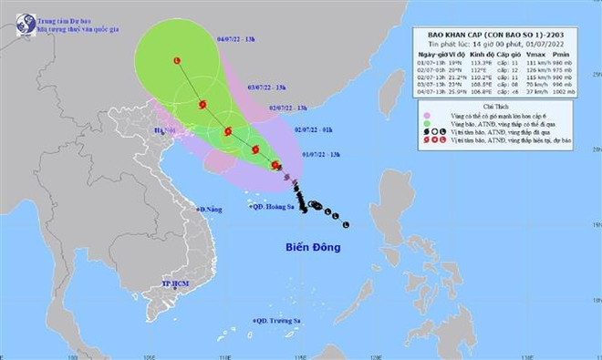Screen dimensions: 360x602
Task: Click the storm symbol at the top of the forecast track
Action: [x=176, y=61]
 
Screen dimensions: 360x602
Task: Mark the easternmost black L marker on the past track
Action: [x=347, y=224]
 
